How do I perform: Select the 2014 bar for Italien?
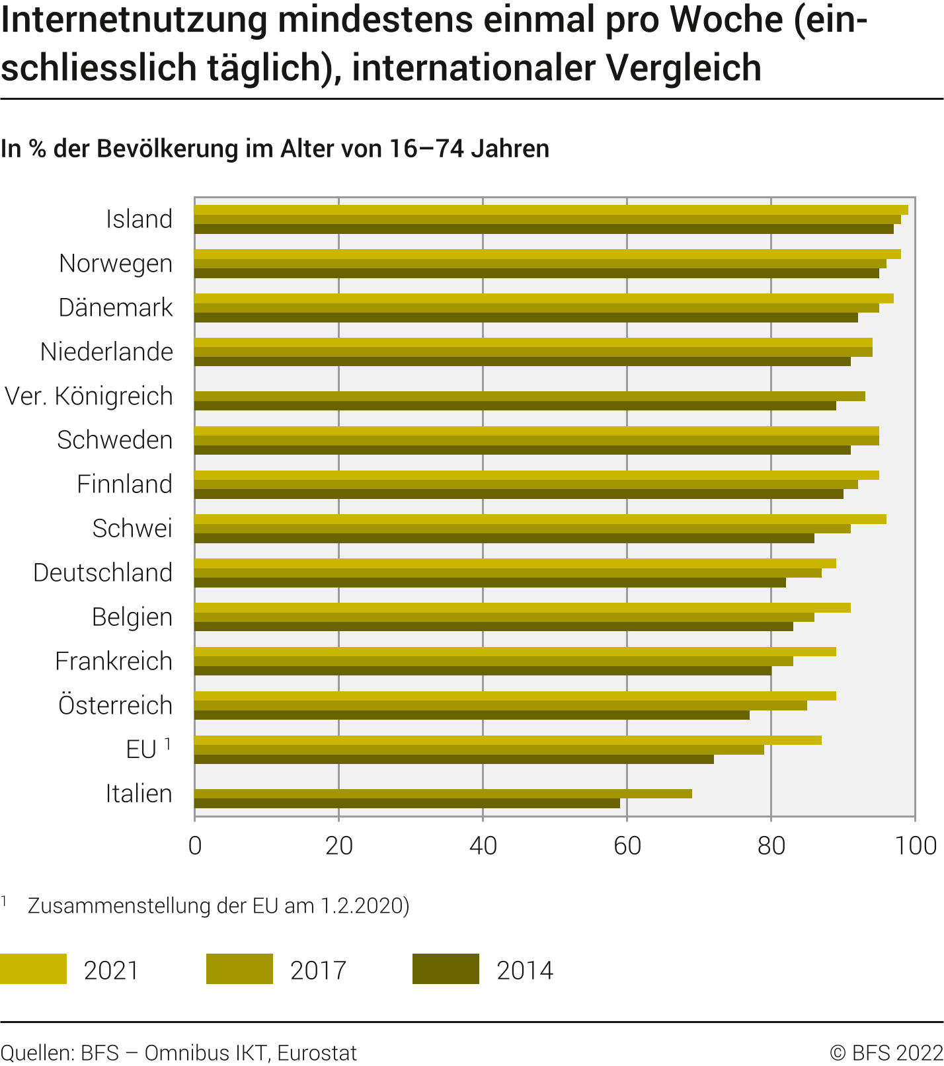click(x=407, y=804)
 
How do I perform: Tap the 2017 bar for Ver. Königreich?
click(x=530, y=396)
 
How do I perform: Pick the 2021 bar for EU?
click(x=508, y=740)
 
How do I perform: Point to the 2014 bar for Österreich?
click(x=472, y=715)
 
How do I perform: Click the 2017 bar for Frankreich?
click(x=494, y=661)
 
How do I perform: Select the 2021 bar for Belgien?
click(x=522, y=607)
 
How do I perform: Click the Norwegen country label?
click(x=116, y=264)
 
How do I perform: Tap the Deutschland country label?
click(x=102, y=573)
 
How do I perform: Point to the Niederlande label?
click(x=106, y=352)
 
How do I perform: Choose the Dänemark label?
click(x=116, y=308)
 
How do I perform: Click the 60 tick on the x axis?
click(x=627, y=846)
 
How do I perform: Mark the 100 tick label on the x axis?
click(x=916, y=846)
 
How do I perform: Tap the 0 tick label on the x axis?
click(x=195, y=846)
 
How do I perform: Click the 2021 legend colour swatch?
click(x=33, y=969)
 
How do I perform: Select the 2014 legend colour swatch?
click(x=446, y=969)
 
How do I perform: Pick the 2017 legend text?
click(x=318, y=970)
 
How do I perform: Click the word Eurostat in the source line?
click(x=317, y=1053)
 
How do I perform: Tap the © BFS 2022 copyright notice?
click(x=886, y=1053)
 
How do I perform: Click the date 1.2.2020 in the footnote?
click(x=360, y=905)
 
